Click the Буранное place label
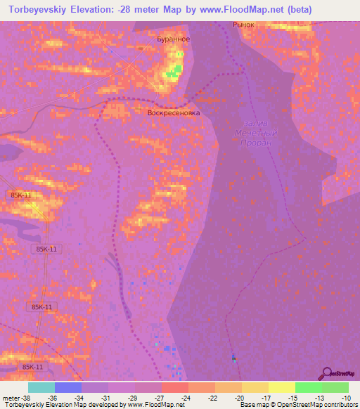coord(173,39)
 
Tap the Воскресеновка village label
coord(174,112)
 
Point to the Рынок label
coord(243,25)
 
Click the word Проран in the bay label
coord(255,143)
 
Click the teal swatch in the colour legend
coord(41,387)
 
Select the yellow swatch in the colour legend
coord(281,387)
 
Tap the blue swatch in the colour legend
coord(68,387)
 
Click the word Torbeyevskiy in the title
coord(34,9)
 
